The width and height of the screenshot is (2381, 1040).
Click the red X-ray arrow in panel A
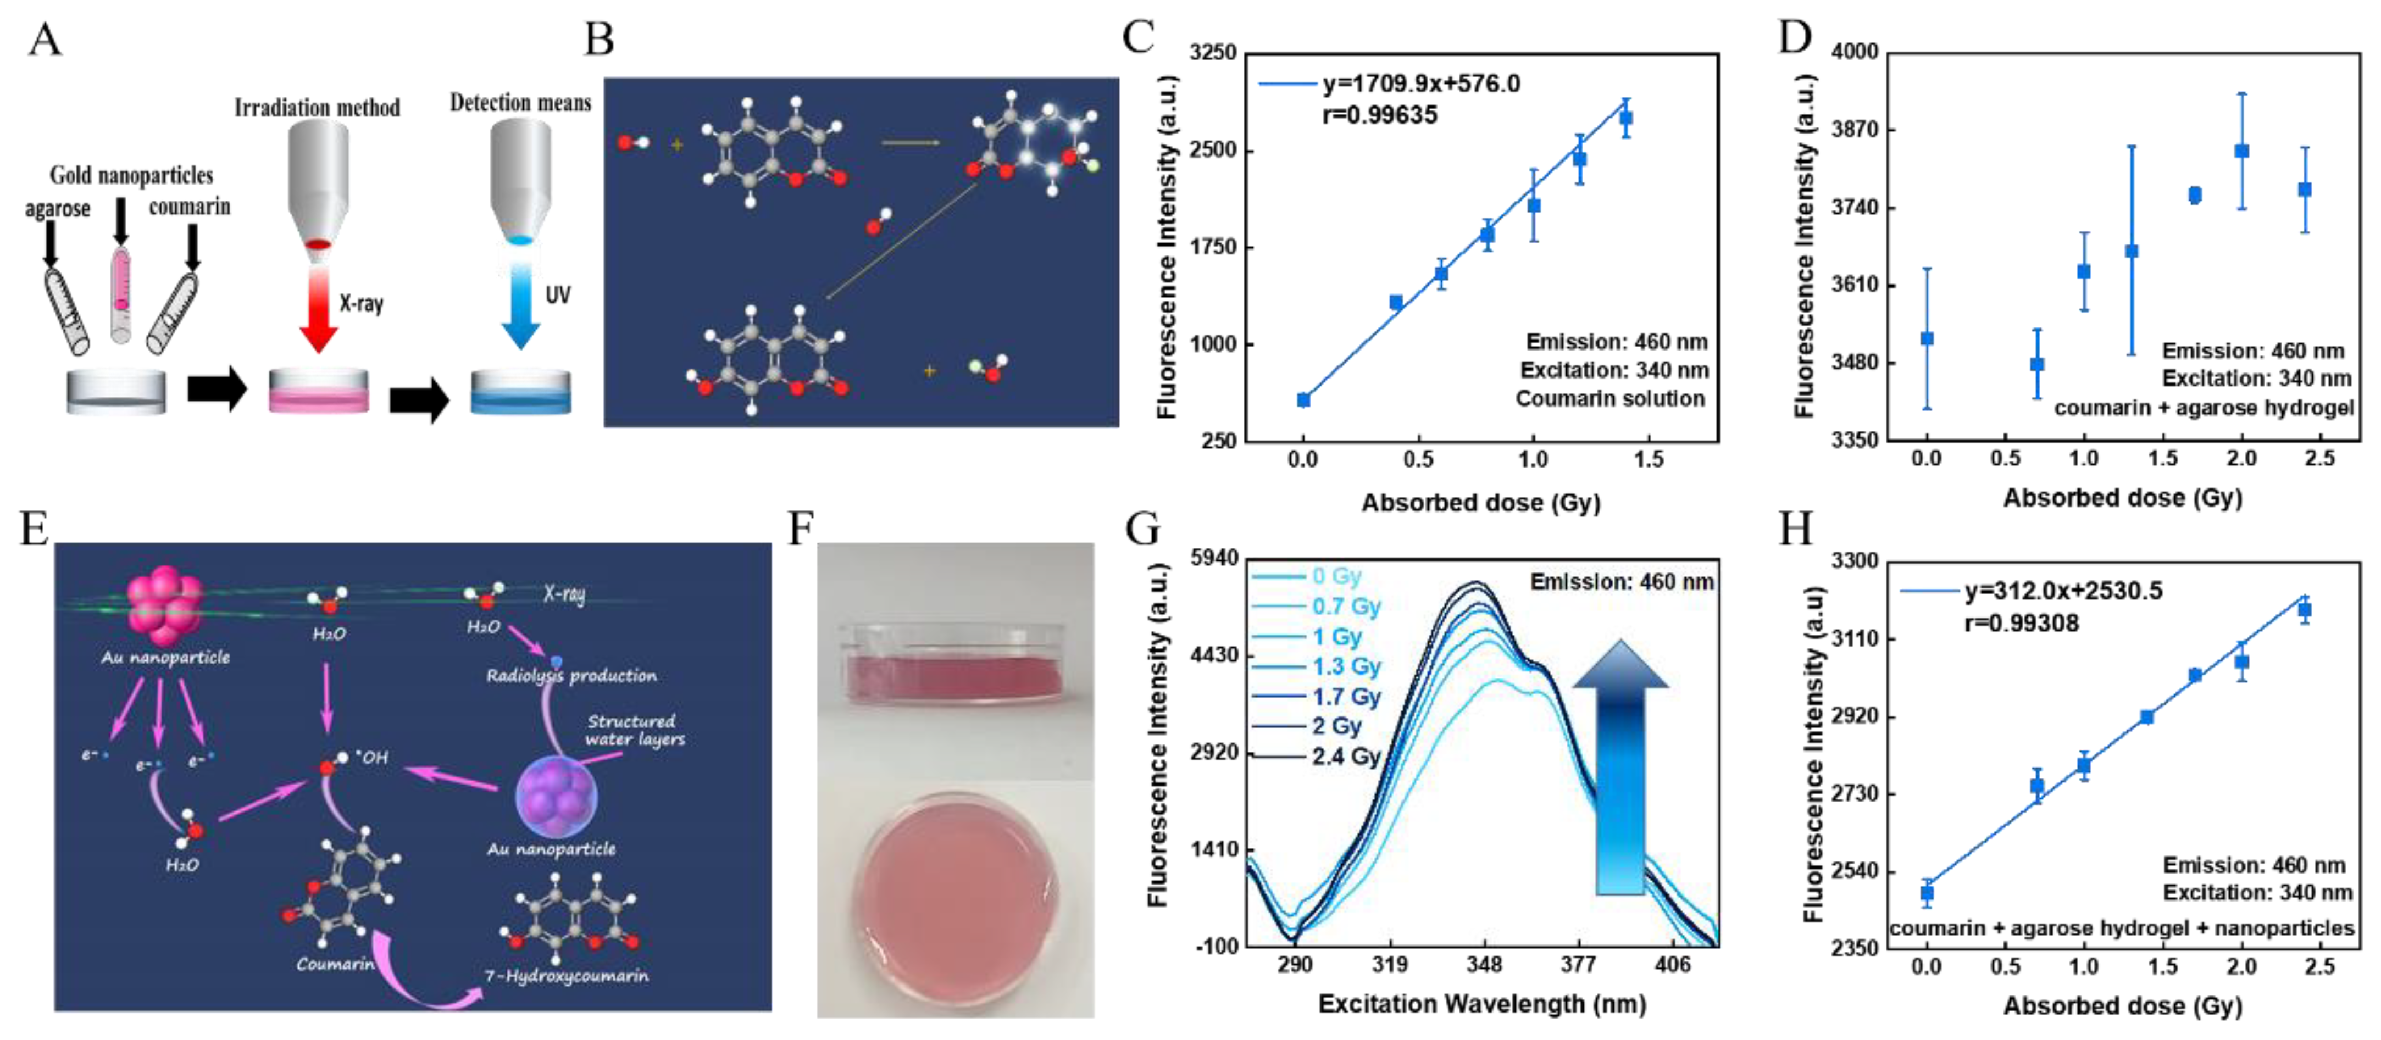click(x=318, y=314)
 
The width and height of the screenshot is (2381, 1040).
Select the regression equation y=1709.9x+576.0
click(x=1420, y=84)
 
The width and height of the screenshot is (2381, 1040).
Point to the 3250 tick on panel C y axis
click(x=1212, y=53)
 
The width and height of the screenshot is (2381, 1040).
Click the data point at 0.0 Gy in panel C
click(x=1303, y=399)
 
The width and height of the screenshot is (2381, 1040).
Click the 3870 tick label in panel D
click(x=1856, y=130)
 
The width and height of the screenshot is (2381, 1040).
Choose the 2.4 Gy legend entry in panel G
click(x=1346, y=756)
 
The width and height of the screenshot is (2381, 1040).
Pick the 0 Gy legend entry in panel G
click(x=1336, y=576)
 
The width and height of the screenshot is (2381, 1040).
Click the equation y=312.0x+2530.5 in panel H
click(x=2063, y=591)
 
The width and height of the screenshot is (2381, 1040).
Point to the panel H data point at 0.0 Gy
click(x=1927, y=892)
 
